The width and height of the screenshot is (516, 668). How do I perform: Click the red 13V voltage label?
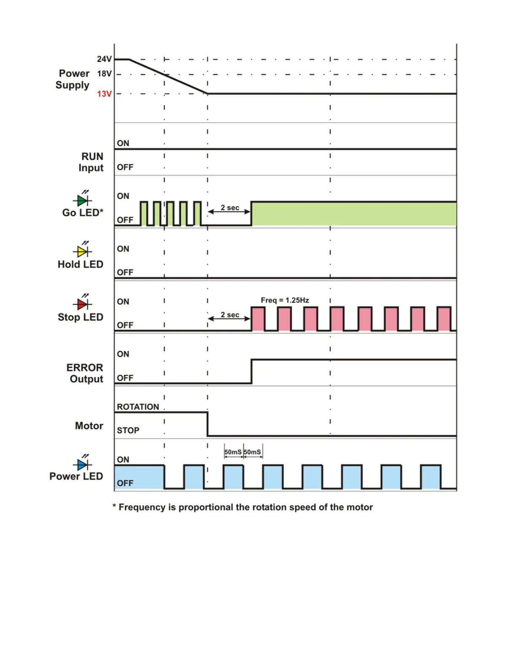(x=104, y=94)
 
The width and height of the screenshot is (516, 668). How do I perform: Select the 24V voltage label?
(x=104, y=59)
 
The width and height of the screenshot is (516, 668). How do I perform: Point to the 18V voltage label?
(x=104, y=74)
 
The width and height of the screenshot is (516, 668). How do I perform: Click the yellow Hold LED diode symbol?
(x=83, y=251)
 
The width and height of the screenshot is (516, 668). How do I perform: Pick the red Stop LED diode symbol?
(x=83, y=304)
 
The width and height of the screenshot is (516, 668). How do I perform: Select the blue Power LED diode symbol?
(x=83, y=464)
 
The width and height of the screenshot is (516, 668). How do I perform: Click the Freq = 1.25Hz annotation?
(x=285, y=300)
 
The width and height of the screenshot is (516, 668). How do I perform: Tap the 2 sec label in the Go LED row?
(x=230, y=207)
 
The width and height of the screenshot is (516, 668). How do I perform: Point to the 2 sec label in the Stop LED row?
(x=230, y=315)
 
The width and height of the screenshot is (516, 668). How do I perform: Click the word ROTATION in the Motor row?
(x=138, y=407)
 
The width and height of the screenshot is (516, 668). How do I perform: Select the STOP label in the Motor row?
(x=128, y=431)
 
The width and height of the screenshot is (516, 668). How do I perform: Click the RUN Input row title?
(x=91, y=162)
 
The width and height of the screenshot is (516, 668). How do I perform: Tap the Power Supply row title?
(x=73, y=79)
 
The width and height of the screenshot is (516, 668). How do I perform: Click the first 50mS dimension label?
(x=233, y=452)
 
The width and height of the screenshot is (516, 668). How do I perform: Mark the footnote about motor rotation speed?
(x=243, y=507)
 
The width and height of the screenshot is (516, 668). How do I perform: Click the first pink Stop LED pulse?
(x=258, y=319)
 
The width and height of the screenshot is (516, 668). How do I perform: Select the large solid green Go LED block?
(x=353, y=214)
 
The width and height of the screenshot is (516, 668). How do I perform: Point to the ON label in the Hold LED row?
(x=123, y=249)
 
